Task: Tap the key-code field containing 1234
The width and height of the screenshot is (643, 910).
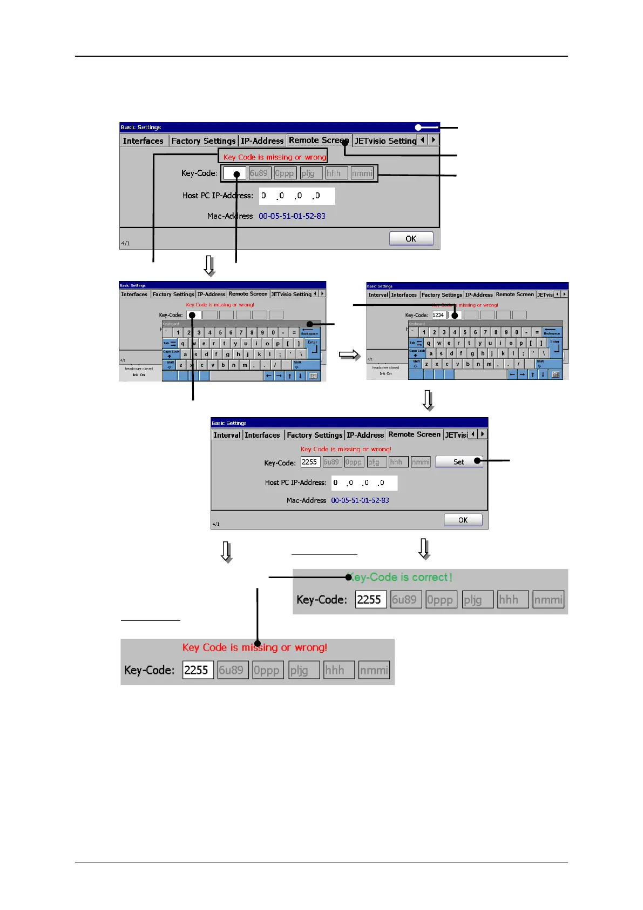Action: coord(438,315)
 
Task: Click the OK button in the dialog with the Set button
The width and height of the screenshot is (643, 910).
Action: coord(463,520)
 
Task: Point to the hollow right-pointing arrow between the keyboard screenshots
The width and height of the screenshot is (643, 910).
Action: coord(349,354)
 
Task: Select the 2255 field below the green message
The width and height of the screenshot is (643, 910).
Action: coord(370,600)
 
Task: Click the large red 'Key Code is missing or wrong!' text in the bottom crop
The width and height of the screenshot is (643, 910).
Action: coord(254,647)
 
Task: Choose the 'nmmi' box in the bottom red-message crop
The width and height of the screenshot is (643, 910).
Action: coord(374,671)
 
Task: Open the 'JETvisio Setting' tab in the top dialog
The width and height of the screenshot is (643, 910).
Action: coord(385,140)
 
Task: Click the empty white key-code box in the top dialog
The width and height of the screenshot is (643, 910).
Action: coord(234,173)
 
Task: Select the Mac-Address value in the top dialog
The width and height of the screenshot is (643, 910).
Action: coord(292,216)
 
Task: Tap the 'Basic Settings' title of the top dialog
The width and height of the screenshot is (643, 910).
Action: coord(141,128)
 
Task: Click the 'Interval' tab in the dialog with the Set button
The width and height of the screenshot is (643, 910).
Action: coord(227,435)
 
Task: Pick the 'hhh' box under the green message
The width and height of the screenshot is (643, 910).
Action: coord(512,600)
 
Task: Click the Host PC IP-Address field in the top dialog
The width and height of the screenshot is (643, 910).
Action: coord(296,196)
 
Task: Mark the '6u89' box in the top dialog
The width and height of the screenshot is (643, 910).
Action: coord(259,173)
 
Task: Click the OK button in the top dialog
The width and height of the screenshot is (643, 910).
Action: coord(411,238)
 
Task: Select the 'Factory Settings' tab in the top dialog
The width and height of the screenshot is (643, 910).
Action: coord(204,140)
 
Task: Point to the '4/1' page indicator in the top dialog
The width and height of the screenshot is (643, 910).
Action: coord(125,244)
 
